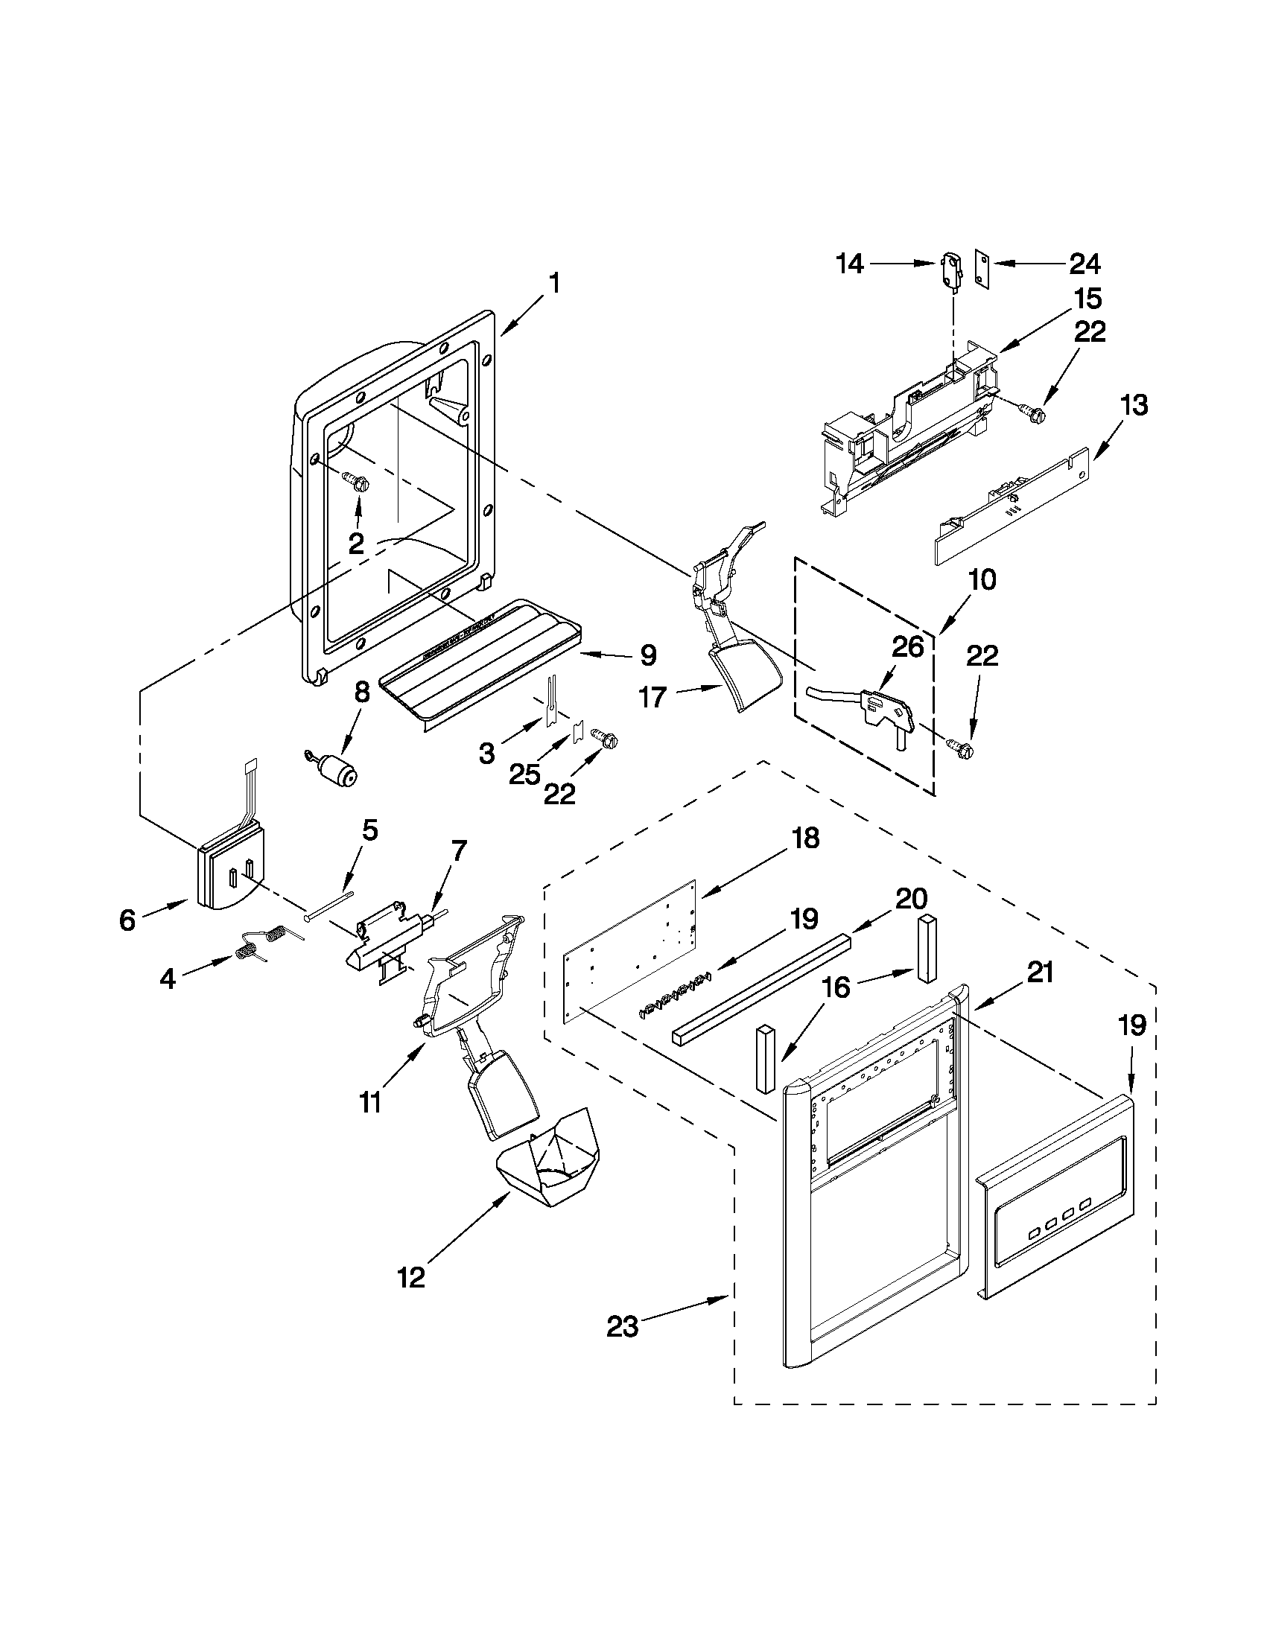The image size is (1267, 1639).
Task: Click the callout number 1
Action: [x=553, y=284]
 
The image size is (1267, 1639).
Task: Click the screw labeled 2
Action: [x=356, y=480]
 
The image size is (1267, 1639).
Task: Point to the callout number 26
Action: [x=906, y=646]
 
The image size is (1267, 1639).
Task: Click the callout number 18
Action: [x=804, y=838]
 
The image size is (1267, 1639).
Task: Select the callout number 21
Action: [x=1039, y=973]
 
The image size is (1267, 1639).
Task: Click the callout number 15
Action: [x=1087, y=298]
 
